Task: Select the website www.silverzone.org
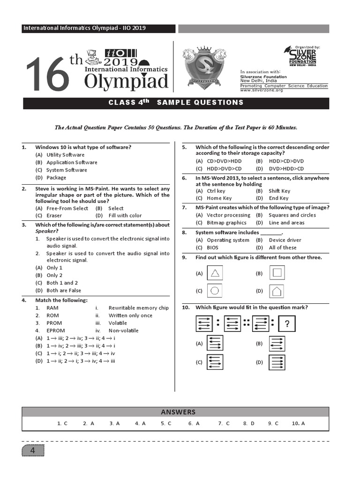coord(262,90)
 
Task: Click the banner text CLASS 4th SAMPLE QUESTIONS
coord(176,103)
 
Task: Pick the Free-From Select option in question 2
coord(67,208)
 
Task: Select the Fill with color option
coord(125,216)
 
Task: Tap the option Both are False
coord(63,291)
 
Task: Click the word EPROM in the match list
coord(54,330)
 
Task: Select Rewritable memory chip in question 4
coord(138,308)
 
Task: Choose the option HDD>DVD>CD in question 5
coord(224,169)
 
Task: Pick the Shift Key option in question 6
coord(279,191)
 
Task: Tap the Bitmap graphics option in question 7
coord(226,223)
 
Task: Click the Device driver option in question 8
coord(285,240)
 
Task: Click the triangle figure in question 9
coord(215,273)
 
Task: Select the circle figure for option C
coord(215,291)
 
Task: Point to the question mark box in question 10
coord(286,324)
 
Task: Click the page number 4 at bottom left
coord(33,451)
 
